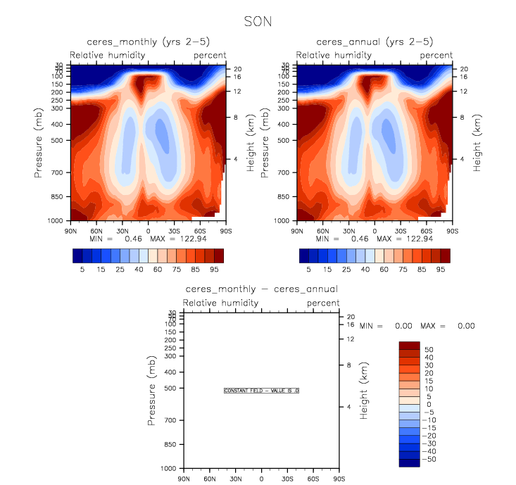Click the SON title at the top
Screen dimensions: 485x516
[x=258, y=21]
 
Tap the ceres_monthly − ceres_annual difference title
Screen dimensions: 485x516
[x=261, y=289]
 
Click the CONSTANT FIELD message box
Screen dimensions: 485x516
[x=261, y=390]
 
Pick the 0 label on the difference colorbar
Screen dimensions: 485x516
[x=427, y=404]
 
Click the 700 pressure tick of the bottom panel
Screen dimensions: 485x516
[x=170, y=420]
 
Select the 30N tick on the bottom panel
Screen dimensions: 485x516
[x=235, y=479]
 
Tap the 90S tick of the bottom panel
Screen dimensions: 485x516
[x=339, y=479]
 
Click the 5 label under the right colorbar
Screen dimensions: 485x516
[x=309, y=269]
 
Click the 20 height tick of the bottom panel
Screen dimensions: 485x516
[x=351, y=317]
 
